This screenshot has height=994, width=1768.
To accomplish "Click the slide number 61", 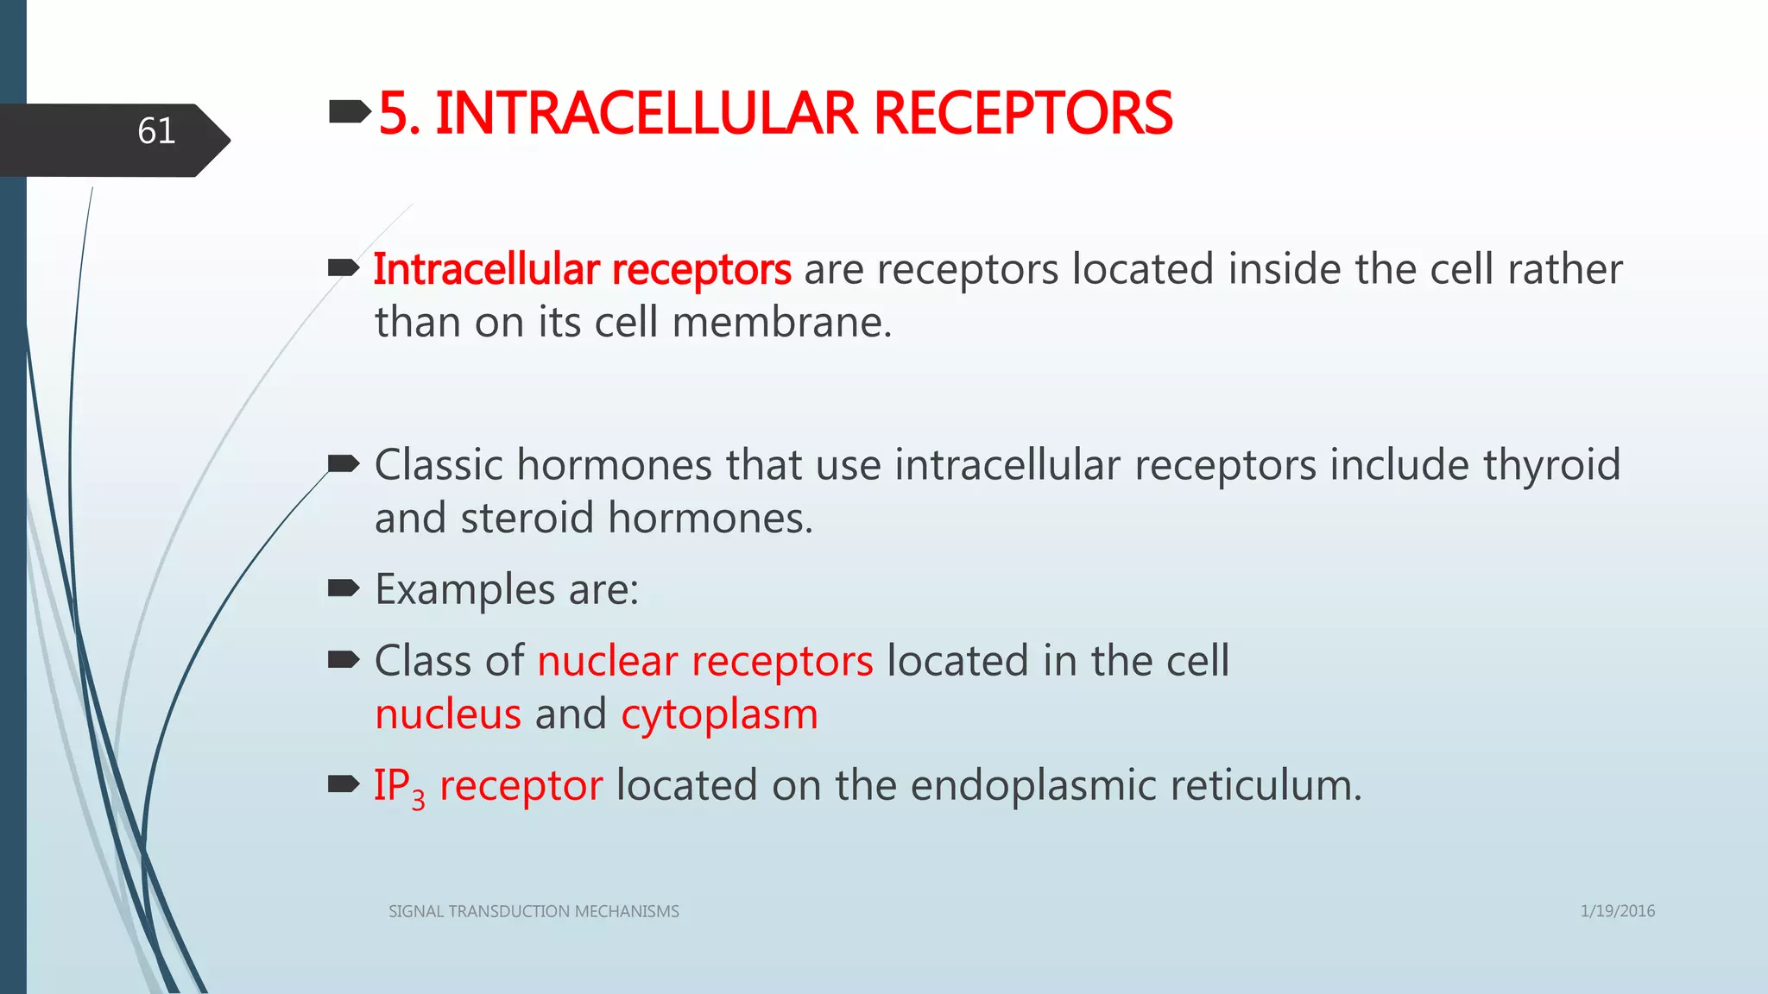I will (x=156, y=132).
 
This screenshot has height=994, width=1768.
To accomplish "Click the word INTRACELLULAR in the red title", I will (x=646, y=114).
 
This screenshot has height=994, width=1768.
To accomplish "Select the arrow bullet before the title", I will (x=349, y=111).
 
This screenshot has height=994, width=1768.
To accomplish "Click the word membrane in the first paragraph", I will (x=781, y=323).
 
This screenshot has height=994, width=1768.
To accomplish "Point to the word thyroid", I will (x=1551, y=465).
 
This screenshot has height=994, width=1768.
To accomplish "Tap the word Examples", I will (x=464, y=590).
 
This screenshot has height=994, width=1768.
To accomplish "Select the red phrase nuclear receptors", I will (x=704, y=662).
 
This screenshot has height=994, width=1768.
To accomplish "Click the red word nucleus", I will (x=448, y=715).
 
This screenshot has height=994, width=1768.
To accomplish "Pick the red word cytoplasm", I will (x=719, y=715).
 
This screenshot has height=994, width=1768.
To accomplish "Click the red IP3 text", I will (x=398, y=787).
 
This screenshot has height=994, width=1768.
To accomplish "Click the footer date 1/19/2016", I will (x=1617, y=911).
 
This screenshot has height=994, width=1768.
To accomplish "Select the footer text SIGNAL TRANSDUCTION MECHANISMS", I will (x=534, y=911).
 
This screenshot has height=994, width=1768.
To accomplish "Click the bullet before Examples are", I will (x=344, y=589).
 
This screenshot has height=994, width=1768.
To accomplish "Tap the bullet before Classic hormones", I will (x=344, y=465).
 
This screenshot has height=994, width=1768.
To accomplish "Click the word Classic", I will (x=439, y=465).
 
